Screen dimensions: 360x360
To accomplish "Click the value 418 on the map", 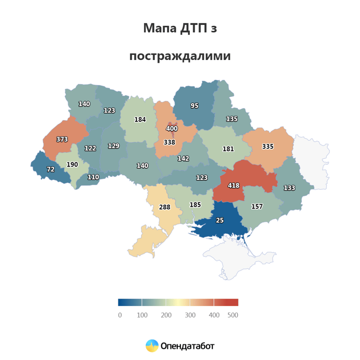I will [233, 186].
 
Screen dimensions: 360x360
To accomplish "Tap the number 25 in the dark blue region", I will [219, 220].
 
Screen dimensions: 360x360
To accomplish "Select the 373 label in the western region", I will [62, 139].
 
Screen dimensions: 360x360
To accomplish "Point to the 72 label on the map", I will [50, 169].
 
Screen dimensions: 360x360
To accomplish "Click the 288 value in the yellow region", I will [165, 207].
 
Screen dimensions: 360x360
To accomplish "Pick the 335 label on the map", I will [268, 147].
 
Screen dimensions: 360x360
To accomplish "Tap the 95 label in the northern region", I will [195, 106].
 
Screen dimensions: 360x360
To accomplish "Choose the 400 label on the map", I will [172, 128].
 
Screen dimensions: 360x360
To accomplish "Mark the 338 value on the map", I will [169, 142].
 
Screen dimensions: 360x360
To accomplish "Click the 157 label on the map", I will [257, 207].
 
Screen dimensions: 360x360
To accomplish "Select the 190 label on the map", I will [72, 165].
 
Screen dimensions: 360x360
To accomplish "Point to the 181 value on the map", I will [228, 149].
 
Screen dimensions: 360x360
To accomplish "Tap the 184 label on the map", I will [140, 120].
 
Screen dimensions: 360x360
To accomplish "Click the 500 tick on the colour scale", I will [233, 315].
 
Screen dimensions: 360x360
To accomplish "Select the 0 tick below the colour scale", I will [120, 315].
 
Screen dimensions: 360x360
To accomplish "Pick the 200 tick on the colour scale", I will [166, 315].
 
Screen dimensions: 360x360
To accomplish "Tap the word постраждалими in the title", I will [180, 56].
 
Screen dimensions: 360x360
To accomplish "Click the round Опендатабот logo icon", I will [152, 346].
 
